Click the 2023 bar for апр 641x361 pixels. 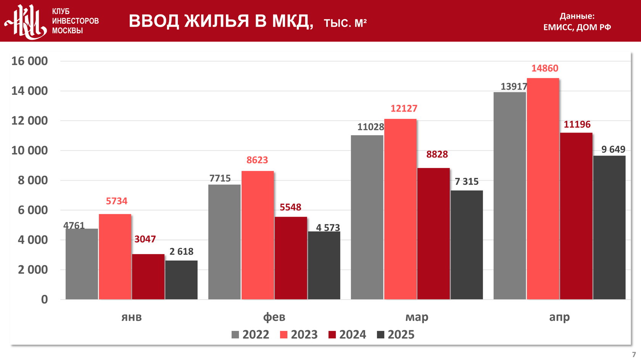tap(543, 189)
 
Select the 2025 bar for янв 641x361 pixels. tap(181, 280)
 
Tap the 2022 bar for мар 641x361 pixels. tap(367, 217)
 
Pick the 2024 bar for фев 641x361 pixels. tap(291, 258)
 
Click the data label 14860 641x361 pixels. tap(544, 68)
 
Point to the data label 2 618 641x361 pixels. tap(181, 251)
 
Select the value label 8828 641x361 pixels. tap(437, 154)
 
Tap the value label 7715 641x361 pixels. tap(220, 178)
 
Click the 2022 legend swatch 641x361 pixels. tap(235, 335)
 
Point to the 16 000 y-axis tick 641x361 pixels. tap(30, 61)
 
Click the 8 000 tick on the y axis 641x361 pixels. tap(33, 180)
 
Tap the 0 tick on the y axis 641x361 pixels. tap(44, 299)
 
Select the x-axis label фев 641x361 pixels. tap(274, 317)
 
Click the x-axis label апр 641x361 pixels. tap(559, 317)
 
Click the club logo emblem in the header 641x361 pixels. tap(26, 21)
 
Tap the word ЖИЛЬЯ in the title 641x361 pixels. tap(217, 21)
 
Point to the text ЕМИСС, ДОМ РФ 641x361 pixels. tap(577, 27)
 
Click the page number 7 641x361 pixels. tap(634, 355)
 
